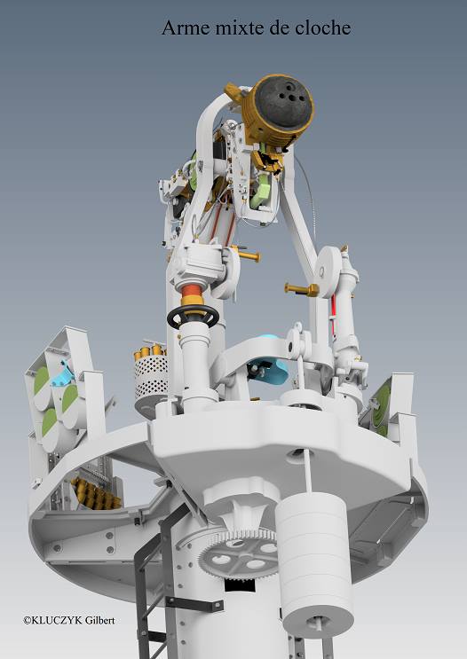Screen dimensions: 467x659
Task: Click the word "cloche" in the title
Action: click(322, 27)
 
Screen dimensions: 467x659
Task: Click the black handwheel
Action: click(194, 317)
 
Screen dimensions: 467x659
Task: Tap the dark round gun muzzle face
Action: click(286, 102)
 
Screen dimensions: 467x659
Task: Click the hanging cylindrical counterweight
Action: click(315, 562)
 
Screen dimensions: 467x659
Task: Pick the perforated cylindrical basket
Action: click(150, 378)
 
